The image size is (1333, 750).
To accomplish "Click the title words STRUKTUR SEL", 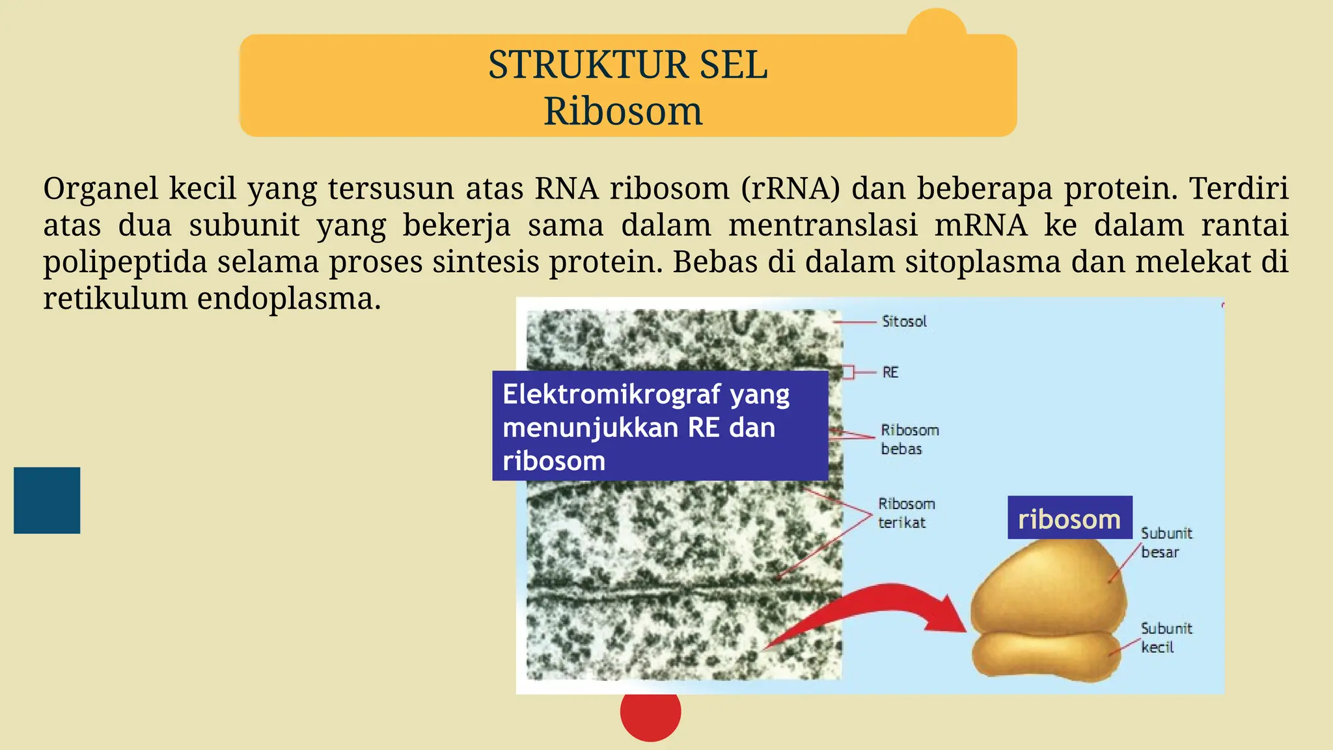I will click(x=627, y=65).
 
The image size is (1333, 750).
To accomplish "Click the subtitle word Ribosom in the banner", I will click(x=623, y=111).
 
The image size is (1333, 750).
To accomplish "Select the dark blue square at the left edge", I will click(x=47, y=500).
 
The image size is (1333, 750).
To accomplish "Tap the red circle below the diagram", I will click(x=650, y=714).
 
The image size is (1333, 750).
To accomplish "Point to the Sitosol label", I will click(x=903, y=321).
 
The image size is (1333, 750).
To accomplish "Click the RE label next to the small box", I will click(x=890, y=372).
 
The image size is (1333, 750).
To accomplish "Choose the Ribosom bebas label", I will click(x=909, y=439).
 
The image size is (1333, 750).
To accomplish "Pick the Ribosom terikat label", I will click(x=905, y=513).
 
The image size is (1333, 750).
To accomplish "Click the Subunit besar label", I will click(x=1166, y=542).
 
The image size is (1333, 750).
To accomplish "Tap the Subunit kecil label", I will click(x=1166, y=637).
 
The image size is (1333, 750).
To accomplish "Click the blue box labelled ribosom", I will click(x=1069, y=518).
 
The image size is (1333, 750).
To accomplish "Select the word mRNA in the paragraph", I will click(x=980, y=225).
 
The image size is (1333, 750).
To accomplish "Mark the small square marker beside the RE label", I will click(x=847, y=372).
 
